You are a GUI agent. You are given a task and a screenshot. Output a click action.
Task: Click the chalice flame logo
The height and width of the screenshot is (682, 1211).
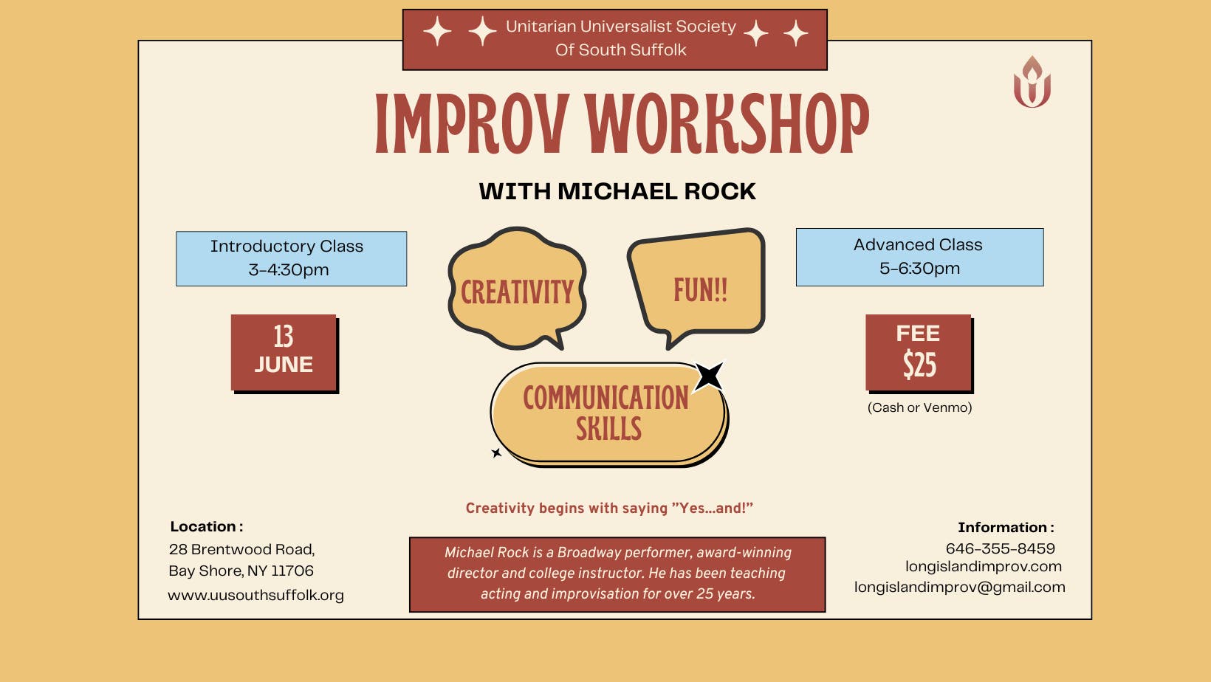[1032, 82]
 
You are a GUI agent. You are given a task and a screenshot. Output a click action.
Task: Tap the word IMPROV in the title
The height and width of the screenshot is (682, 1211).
[472, 124]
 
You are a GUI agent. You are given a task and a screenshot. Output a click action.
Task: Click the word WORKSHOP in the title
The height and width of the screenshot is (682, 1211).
[727, 124]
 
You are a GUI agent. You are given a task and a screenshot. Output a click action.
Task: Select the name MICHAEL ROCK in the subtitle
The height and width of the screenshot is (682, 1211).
[656, 191]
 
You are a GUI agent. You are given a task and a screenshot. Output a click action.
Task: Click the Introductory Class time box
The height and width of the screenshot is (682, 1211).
[291, 258]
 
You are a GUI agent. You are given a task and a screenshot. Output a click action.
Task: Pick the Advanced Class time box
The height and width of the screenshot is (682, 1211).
[919, 257]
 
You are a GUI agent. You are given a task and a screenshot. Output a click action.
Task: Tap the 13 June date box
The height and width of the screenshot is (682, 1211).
[284, 352]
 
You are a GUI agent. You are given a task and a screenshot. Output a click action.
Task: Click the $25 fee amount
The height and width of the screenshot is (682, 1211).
[919, 365]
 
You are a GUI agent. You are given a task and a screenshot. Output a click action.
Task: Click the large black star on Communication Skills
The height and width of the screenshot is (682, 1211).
[709, 376]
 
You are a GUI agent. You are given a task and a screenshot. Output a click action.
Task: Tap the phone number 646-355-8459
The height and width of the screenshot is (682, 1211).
[1000, 548]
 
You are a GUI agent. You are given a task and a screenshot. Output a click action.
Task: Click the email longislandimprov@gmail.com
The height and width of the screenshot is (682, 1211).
[959, 587]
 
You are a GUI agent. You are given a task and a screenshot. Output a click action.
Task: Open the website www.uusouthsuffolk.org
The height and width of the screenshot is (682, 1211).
[255, 595]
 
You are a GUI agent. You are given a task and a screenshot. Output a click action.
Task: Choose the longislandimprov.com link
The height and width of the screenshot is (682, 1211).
[983, 567]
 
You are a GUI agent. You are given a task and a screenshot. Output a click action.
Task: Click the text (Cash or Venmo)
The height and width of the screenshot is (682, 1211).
[919, 407]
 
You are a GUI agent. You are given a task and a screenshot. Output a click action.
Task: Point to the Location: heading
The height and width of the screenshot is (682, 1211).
[206, 526]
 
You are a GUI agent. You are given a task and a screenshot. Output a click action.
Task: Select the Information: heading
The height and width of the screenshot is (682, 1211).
[1005, 527]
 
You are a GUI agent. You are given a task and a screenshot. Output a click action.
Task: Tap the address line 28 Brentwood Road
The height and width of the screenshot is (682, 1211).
[241, 549]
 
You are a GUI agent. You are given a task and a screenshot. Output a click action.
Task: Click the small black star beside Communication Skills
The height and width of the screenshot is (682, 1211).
[496, 452]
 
